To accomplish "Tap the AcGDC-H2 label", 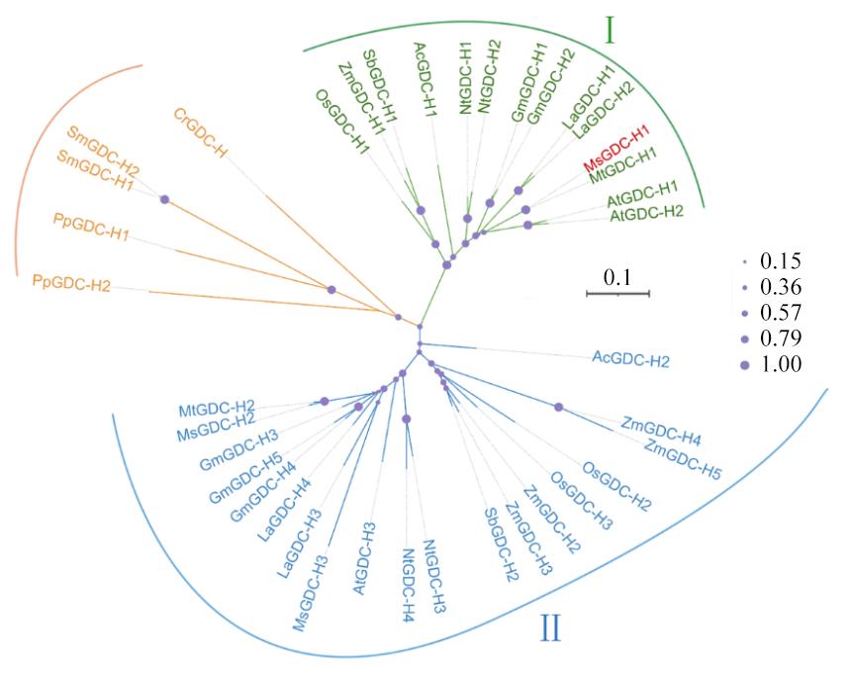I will (630, 359).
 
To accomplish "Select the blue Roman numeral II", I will (551, 627).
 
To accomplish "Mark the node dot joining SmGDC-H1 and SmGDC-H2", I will (164, 200).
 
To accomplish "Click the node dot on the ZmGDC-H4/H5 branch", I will (559, 407).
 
